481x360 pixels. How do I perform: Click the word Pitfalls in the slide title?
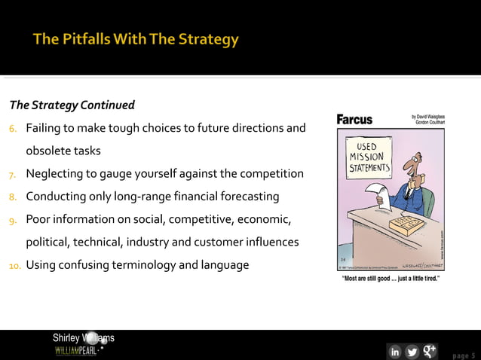(x=88, y=38)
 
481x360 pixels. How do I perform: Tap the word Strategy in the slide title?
(x=208, y=38)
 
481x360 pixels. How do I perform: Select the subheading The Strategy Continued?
(x=72, y=105)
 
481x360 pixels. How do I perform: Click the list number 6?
(x=14, y=129)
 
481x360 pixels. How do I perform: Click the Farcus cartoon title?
(x=354, y=120)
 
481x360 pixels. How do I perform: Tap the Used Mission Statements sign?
(x=367, y=157)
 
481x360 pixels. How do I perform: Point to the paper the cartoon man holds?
(x=382, y=197)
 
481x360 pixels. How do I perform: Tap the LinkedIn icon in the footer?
(x=394, y=352)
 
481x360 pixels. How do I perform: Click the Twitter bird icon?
(x=412, y=352)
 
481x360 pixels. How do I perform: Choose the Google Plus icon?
(x=430, y=351)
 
